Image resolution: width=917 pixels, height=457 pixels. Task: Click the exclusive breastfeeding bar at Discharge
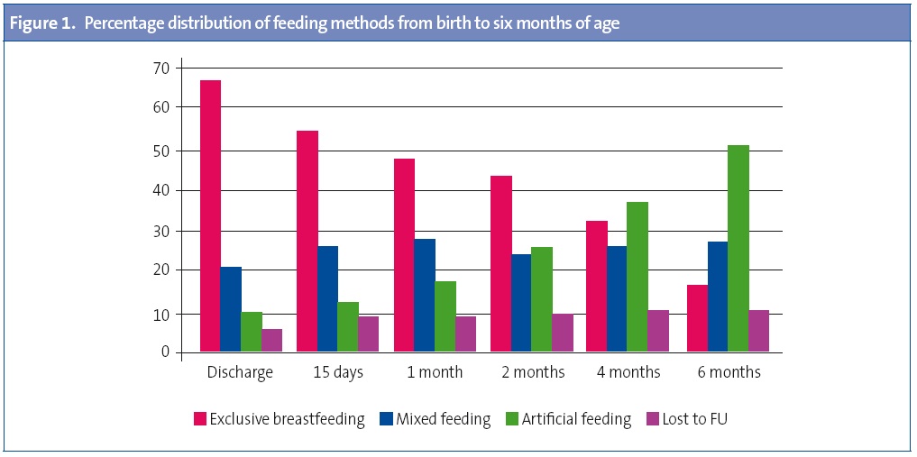pyautogui.click(x=210, y=215)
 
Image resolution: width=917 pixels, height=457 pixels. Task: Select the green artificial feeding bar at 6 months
pyautogui.click(x=738, y=249)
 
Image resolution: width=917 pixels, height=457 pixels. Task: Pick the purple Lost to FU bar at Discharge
pyautogui.click(x=272, y=341)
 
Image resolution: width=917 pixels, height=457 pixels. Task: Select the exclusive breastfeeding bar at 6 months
pyautogui.click(x=697, y=318)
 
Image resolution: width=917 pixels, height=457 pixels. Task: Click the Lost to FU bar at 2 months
pyautogui.click(x=563, y=333)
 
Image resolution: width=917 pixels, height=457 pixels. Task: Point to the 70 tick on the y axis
pyautogui.click(x=161, y=68)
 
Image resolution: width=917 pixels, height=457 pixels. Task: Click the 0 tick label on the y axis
pyautogui.click(x=166, y=352)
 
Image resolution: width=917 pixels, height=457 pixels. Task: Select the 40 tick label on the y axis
pyautogui.click(x=161, y=190)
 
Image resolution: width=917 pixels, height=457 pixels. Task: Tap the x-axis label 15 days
pyautogui.click(x=337, y=372)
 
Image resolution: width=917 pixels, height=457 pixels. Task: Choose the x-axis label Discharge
pyautogui.click(x=240, y=372)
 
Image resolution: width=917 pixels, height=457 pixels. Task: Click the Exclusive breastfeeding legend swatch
pyautogui.click(x=200, y=419)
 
